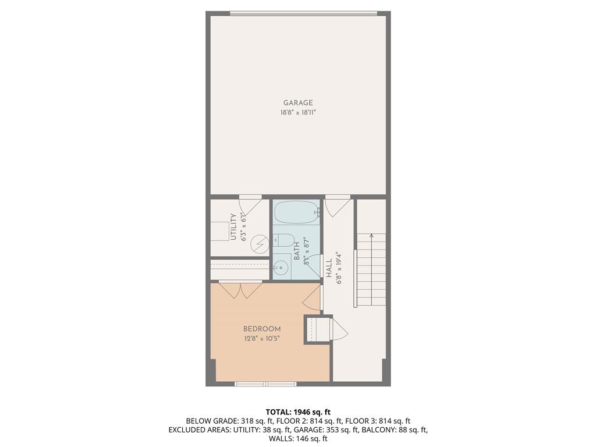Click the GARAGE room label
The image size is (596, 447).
pyautogui.click(x=298, y=103)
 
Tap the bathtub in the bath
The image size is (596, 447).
pyautogui.click(x=296, y=212)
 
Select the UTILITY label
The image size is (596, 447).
pyautogui.click(x=233, y=227)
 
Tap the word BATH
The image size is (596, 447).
pyautogui.click(x=296, y=251)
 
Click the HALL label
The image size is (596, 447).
pyautogui.click(x=329, y=268)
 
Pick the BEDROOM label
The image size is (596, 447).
pyautogui.click(x=262, y=329)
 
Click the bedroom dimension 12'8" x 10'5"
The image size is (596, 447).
pyautogui.click(x=262, y=338)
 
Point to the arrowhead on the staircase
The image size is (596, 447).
pyautogui.click(x=371, y=236)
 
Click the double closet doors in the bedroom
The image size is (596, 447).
pyautogui.click(x=240, y=289)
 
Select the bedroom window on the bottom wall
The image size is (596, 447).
pyautogui.click(x=265, y=384)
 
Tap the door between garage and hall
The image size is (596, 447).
pyautogui.click(x=338, y=205)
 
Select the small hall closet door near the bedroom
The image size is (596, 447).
pyautogui.click(x=339, y=329)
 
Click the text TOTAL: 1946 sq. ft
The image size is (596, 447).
pyautogui.click(x=298, y=412)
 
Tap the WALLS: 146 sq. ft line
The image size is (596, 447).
pyautogui.click(x=298, y=438)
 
